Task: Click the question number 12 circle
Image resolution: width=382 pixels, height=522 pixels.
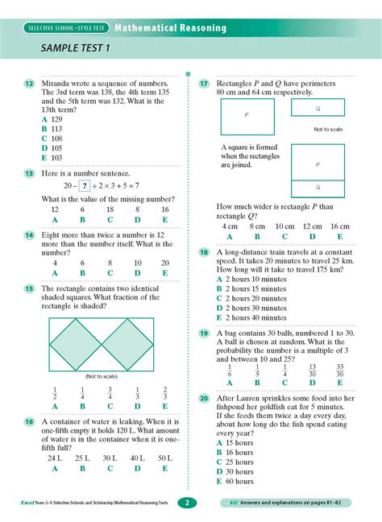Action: (29, 84)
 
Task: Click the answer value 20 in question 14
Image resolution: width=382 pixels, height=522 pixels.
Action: (164, 263)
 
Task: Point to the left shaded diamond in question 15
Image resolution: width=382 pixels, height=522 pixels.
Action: (81, 345)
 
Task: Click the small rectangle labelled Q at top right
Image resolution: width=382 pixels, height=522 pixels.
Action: (318, 107)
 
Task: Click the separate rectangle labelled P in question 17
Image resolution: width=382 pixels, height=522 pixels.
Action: (246, 116)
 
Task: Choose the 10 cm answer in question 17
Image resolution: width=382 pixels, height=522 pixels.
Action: (284, 227)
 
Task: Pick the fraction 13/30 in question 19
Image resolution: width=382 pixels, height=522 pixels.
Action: (312, 371)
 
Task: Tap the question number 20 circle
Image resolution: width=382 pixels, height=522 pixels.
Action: (204, 398)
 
